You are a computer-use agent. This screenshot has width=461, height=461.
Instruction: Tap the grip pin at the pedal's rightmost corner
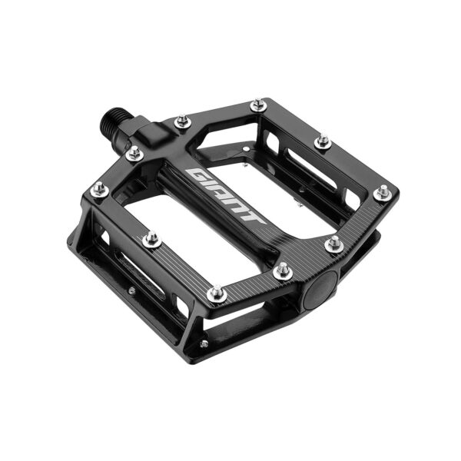(382, 194)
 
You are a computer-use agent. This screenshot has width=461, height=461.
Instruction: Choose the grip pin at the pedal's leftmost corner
(98, 189)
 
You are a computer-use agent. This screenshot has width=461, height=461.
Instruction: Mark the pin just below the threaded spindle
(134, 154)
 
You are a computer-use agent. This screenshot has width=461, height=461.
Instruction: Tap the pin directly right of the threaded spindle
(182, 121)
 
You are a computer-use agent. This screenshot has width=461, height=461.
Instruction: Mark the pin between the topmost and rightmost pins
(323, 142)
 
